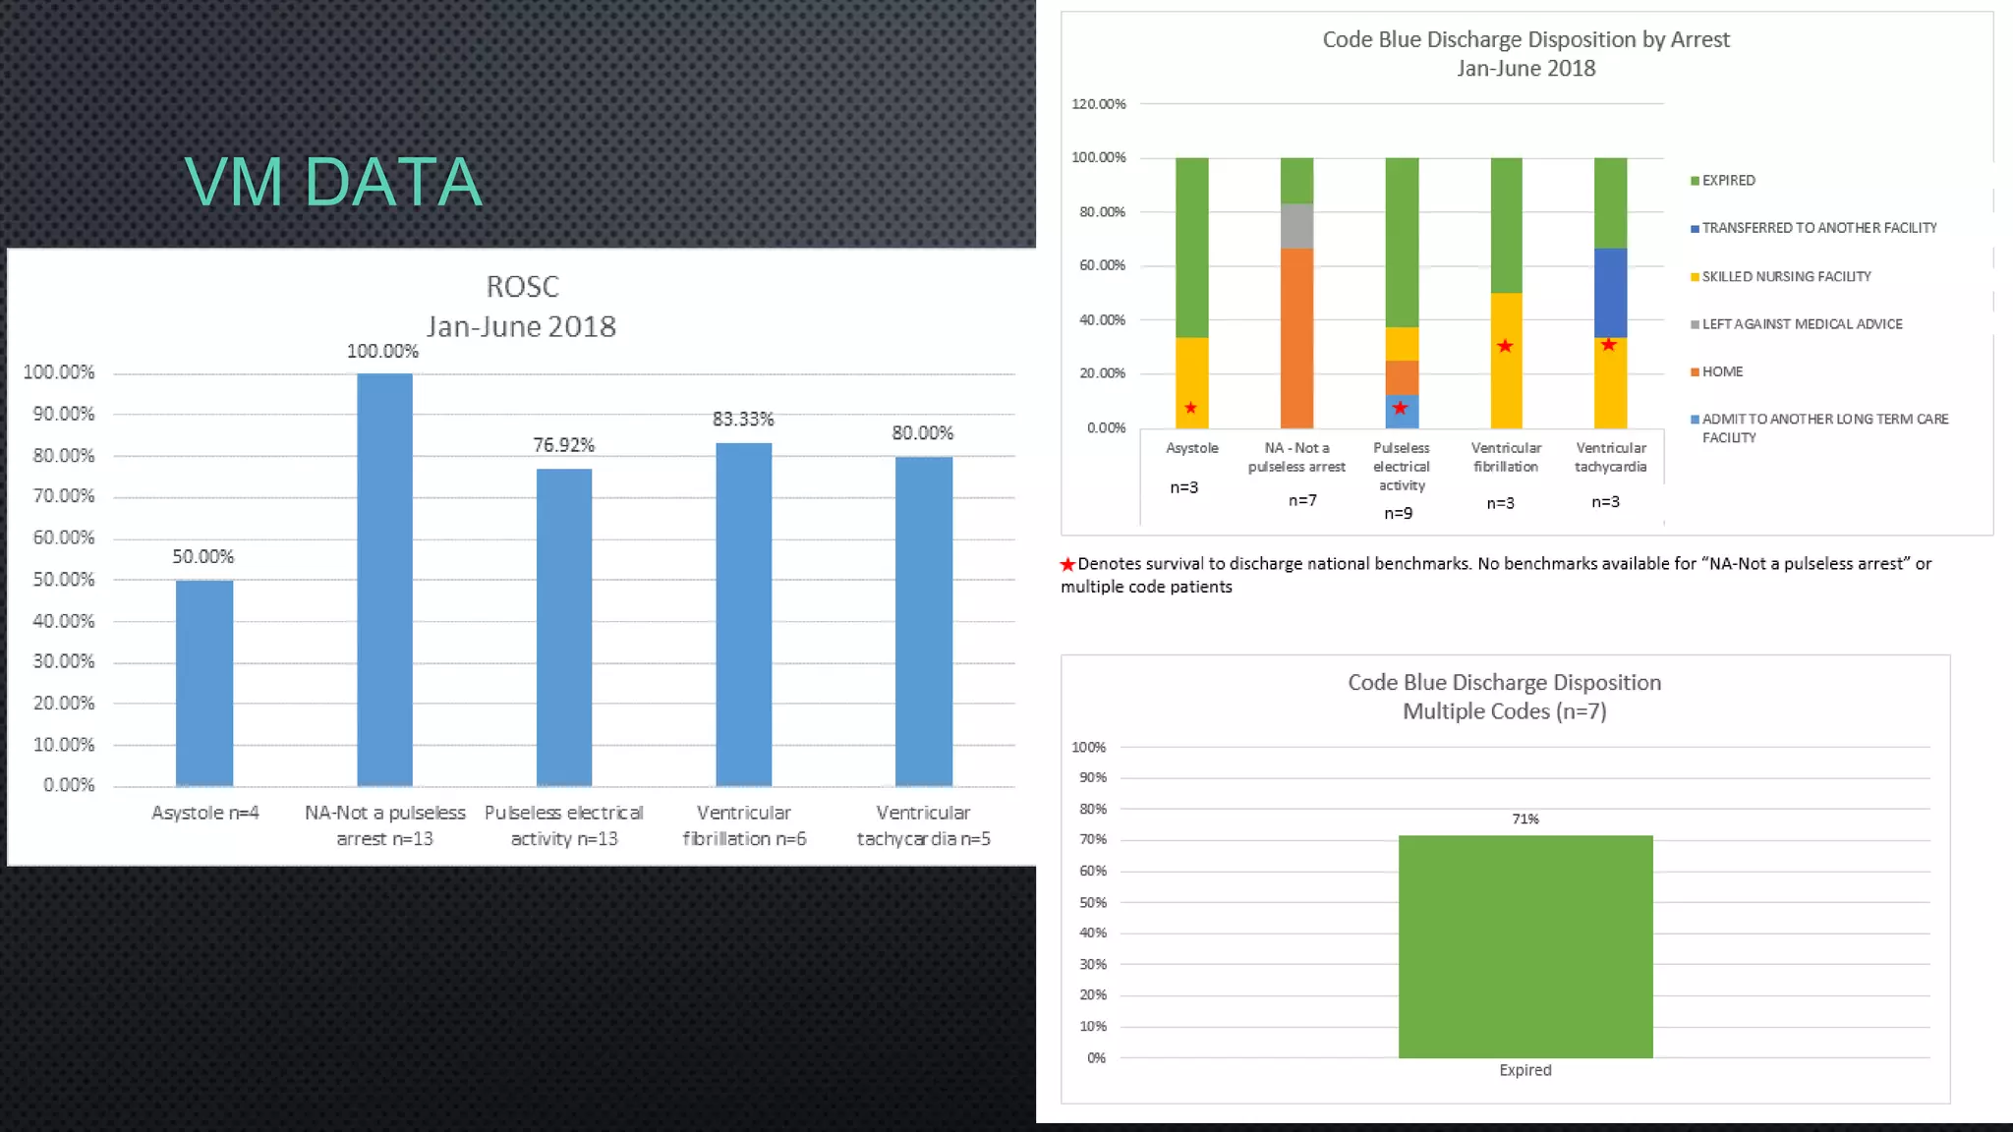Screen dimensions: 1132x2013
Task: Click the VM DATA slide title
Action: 333,183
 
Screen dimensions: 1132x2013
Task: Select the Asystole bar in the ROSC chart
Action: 204,683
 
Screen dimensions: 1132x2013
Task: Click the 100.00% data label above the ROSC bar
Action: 382,352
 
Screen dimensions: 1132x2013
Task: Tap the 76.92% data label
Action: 563,445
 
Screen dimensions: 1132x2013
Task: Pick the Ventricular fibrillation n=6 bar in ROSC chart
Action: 743,614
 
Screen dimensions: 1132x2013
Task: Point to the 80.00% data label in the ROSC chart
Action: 922,433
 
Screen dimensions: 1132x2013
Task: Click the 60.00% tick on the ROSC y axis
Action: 64,538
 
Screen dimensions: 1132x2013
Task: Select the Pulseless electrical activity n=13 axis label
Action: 563,825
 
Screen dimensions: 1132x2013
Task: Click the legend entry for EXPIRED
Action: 1728,181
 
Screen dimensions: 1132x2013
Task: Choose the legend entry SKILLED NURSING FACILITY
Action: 1786,277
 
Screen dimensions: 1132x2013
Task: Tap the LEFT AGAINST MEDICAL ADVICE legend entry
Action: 1802,324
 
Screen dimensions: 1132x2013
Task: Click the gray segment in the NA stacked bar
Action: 1296,226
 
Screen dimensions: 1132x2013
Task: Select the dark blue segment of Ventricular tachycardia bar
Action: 1610,293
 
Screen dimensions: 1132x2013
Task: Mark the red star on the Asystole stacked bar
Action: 1190,408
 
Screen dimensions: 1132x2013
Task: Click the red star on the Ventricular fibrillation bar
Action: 1505,346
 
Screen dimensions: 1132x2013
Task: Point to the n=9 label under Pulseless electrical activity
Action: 1398,513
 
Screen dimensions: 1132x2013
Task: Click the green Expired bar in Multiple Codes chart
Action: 1524,946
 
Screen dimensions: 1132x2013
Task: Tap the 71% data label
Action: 1524,819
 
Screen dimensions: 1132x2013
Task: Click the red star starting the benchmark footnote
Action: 1067,564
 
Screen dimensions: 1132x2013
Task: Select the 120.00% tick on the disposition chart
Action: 1098,104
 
